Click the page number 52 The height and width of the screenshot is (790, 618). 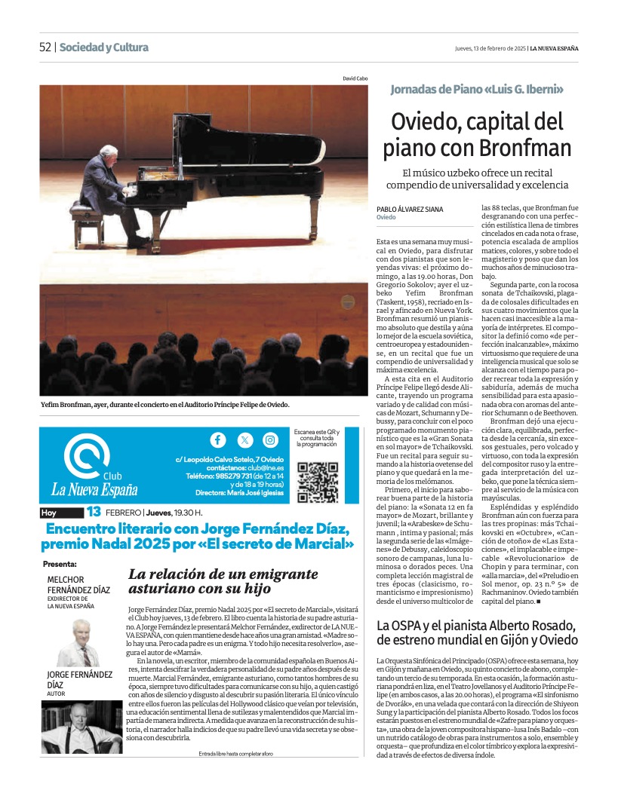[x=45, y=47]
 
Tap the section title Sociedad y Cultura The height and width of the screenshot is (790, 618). [x=104, y=47]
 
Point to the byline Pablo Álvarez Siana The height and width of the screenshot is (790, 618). [x=410, y=209]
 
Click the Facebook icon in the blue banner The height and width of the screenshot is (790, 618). [x=217, y=440]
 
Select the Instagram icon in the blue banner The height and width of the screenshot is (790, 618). [x=270, y=440]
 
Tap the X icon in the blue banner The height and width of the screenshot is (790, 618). [x=244, y=440]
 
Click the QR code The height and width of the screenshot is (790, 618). [x=318, y=482]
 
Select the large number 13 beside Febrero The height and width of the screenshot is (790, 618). [x=94, y=513]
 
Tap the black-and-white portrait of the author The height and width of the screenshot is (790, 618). [x=81, y=727]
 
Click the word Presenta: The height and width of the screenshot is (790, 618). [x=60, y=563]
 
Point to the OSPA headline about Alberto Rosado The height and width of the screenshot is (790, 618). [x=477, y=632]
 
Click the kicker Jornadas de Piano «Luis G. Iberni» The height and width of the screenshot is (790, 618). [x=477, y=90]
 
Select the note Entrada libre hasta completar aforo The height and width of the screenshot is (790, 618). [x=236, y=754]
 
